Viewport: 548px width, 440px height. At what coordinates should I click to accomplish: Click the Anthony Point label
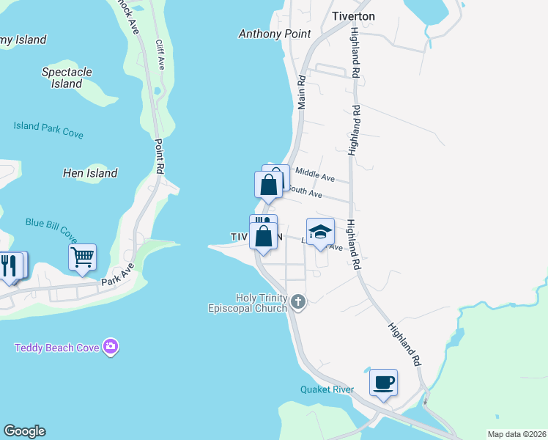point(275,34)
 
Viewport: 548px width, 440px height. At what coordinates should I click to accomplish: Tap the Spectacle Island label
point(67,78)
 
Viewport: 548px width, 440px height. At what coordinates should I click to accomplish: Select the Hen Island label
point(90,174)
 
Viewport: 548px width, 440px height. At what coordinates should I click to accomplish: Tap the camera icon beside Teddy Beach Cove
point(111,346)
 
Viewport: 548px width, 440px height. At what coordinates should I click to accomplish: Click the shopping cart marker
point(82,257)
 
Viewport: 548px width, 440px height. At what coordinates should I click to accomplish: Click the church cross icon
point(297,301)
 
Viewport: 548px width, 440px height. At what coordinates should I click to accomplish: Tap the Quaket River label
point(327,389)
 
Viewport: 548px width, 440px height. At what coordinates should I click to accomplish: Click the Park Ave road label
point(118,276)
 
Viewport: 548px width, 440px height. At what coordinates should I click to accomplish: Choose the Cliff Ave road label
point(160,55)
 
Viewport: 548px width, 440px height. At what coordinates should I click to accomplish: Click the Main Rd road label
point(300,92)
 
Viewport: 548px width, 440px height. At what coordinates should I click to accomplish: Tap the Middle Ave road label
point(314,175)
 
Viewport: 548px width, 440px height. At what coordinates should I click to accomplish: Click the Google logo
point(24,431)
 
